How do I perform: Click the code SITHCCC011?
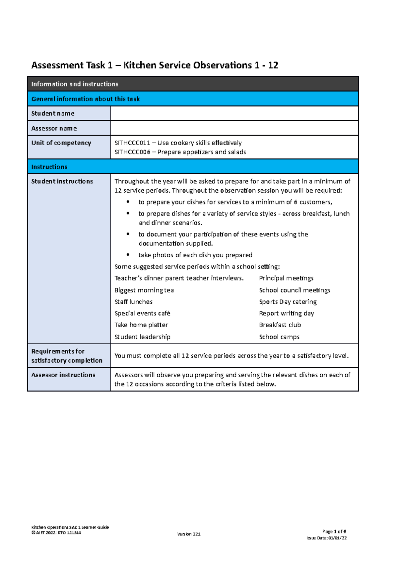pos(132,143)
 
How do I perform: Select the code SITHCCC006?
pos(132,152)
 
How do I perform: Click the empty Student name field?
pos(234,113)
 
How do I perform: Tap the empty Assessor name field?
pos(234,128)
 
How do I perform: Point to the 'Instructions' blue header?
pos(49,167)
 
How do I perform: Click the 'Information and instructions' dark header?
pos(75,84)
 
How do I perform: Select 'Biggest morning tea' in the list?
pos(144,290)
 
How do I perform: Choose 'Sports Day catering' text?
pos(288,302)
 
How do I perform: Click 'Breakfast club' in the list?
pos(280,325)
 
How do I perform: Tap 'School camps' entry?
pos(279,337)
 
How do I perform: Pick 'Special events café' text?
pos(142,313)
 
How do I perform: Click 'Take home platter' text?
pos(141,325)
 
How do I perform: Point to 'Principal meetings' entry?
pos(286,278)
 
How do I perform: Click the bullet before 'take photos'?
pos(128,255)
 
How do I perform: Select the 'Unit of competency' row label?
pos(61,143)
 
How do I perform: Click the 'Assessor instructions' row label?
pos(63,375)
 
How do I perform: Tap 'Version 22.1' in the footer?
pos(189,534)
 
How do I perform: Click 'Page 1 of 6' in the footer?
pos(334,532)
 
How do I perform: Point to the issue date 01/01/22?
pos(337,538)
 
